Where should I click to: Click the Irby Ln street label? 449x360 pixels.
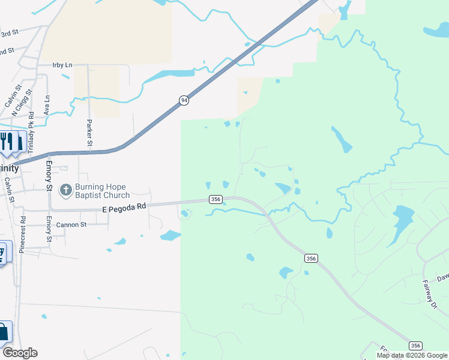click(x=62, y=65)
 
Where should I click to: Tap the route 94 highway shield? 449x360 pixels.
click(x=184, y=100)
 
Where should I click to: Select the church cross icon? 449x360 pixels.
click(x=65, y=190)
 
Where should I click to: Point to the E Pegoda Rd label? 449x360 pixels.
click(x=124, y=206)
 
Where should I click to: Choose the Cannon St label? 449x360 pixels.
click(x=71, y=225)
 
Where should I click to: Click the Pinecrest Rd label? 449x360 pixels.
click(x=22, y=235)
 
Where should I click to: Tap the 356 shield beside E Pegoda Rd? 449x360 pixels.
click(x=216, y=199)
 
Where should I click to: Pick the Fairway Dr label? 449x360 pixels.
click(x=429, y=295)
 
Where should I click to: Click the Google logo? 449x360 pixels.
click(x=20, y=353)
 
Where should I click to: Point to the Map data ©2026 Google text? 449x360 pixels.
click(x=412, y=355)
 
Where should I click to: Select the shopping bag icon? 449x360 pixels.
click(x=4, y=332)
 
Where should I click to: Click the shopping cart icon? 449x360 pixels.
click(x=3, y=253)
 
